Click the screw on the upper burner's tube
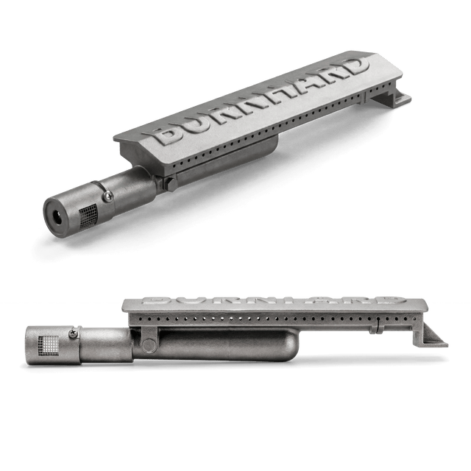(x=108, y=196)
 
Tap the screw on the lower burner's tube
(x=73, y=333)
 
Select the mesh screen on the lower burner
(x=49, y=344)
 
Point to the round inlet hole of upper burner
(x=57, y=217)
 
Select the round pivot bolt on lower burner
(x=149, y=345)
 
